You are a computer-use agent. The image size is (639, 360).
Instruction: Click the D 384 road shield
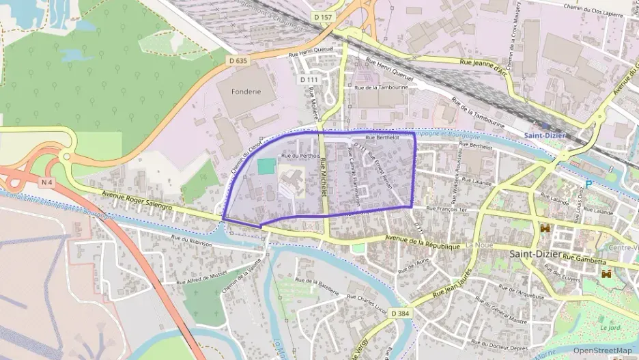pos(401,312)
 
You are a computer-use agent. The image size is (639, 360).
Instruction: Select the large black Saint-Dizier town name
pos(535,254)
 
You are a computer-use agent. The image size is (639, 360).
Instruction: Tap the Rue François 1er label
pos(450,208)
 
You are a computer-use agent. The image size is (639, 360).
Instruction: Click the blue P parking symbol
pos(588,184)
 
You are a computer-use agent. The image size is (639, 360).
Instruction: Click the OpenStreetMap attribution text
pos(602,350)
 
